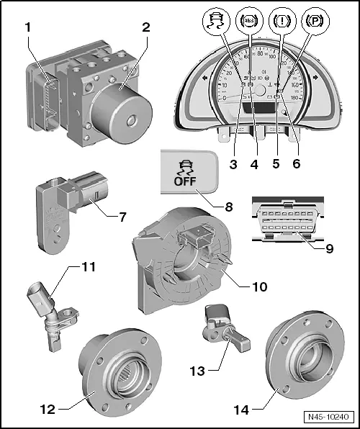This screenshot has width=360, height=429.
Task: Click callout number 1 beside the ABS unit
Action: point(28,28)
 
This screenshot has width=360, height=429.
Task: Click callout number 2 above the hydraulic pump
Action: point(145,28)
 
